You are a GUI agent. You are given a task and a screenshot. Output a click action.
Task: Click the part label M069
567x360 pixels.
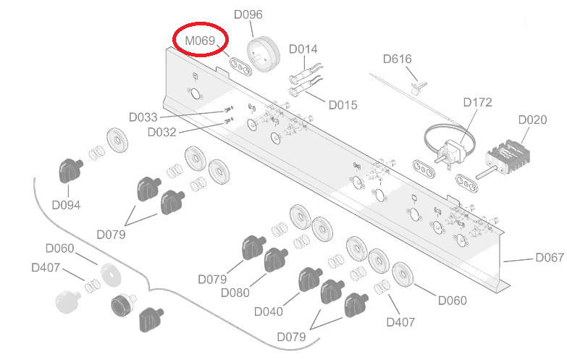click(200, 41)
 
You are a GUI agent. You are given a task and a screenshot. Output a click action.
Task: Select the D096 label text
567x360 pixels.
click(248, 14)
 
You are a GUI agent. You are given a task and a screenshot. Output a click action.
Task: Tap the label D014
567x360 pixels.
click(303, 49)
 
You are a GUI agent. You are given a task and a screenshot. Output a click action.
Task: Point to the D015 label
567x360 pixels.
click(343, 105)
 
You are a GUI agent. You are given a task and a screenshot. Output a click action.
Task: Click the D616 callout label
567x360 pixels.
click(397, 59)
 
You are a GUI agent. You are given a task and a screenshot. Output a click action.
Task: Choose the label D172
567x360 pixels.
click(477, 102)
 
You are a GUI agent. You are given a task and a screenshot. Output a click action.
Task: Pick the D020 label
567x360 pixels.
click(533, 120)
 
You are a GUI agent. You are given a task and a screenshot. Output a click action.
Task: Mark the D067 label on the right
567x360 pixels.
click(549, 257)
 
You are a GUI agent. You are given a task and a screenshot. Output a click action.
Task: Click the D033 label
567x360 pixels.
click(143, 117)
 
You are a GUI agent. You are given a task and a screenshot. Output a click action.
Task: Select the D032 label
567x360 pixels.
click(161, 132)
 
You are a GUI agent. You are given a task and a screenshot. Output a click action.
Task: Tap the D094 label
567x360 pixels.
click(66, 205)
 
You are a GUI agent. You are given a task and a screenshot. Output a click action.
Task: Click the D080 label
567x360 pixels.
click(235, 293)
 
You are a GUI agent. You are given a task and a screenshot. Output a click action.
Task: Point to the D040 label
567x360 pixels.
click(268, 311)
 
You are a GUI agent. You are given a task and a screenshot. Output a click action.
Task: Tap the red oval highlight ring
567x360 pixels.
click(201, 41)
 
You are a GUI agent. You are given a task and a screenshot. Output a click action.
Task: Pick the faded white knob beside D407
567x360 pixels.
click(66, 299)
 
